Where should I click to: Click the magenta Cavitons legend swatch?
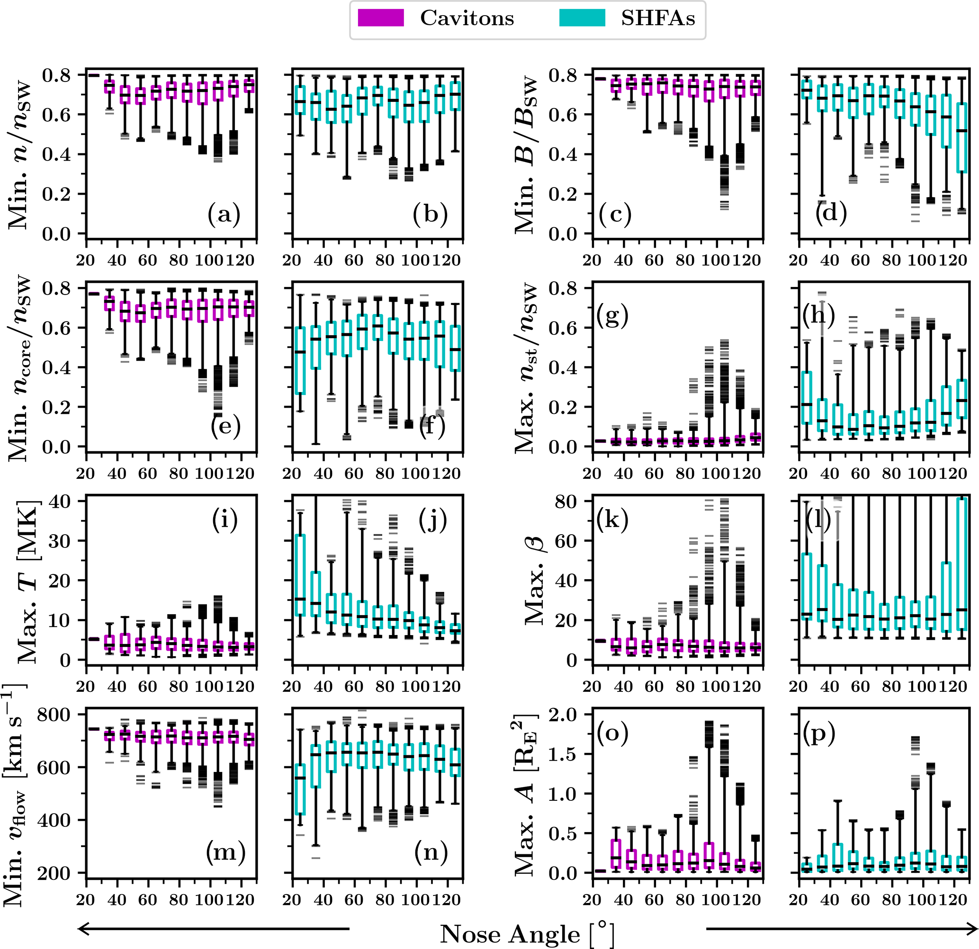click(x=381, y=18)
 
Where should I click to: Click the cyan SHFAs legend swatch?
click(x=582, y=18)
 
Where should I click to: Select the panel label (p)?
click(x=819, y=734)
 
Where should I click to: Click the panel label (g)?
click(x=612, y=316)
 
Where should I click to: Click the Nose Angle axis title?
click(x=527, y=934)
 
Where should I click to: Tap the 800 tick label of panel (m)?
click(x=54, y=715)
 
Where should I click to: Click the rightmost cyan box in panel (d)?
click(x=961, y=138)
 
